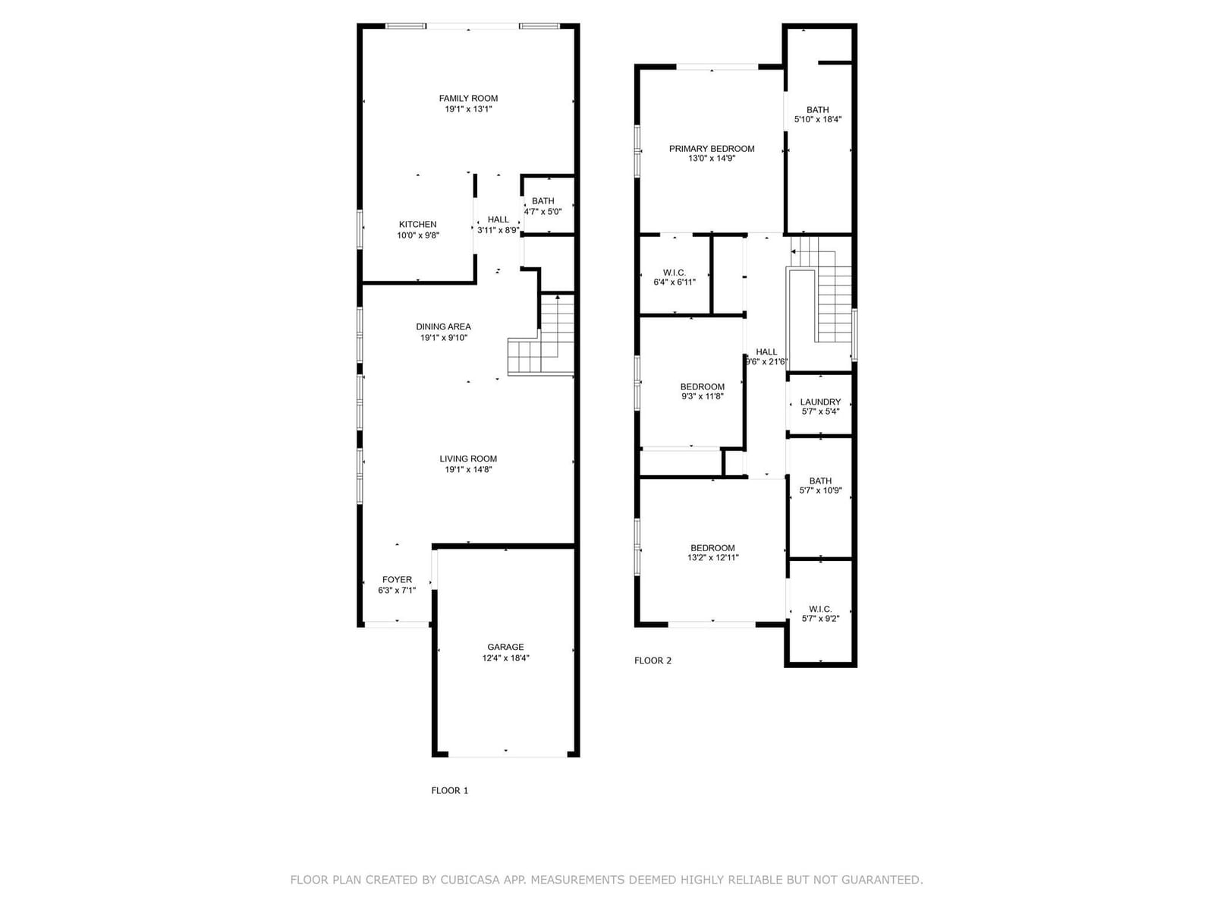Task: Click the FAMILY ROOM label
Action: click(x=468, y=99)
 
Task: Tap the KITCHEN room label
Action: click(x=417, y=225)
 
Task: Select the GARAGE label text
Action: click(x=505, y=647)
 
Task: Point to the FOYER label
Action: click(x=397, y=580)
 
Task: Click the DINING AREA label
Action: click(x=444, y=327)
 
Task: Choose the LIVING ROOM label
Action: click(x=468, y=459)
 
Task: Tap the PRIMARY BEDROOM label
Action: click(x=711, y=149)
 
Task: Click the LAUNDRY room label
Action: click(x=820, y=402)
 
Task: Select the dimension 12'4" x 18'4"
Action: click(x=505, y=658)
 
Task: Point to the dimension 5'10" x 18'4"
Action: click(x=817, y=119)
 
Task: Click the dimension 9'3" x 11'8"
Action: click(x=703, y=396)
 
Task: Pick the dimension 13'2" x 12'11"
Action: click(x=713, y=557)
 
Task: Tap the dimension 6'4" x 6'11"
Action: click(x=675, y=282)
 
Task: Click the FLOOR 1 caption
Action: click(x=450, y=791)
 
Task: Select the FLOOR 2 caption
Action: click(x=653, y=660)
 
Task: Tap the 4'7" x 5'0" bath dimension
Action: click(x=543, y=212)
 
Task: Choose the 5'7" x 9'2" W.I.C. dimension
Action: click(x=820, y=619)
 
